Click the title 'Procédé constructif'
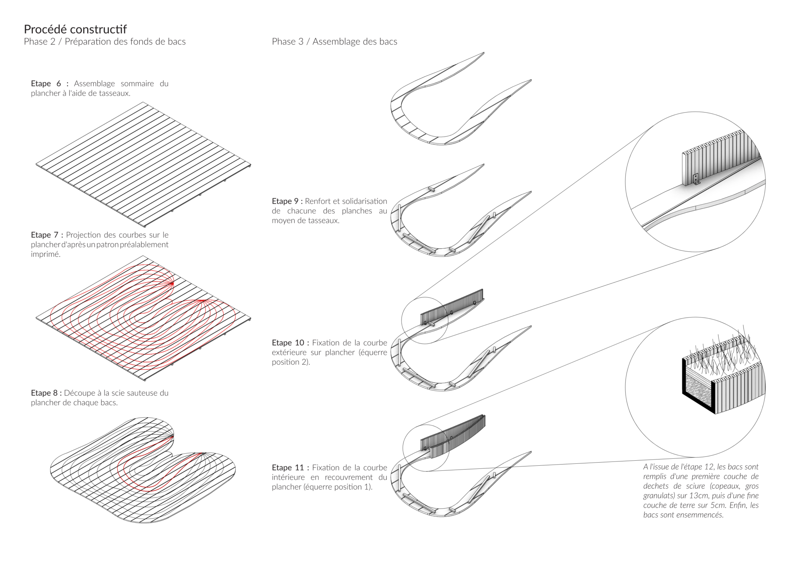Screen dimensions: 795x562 [x=75, y=29]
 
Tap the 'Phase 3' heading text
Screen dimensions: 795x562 [x=288, y=42]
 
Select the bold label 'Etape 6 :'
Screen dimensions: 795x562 [x=50, y=83]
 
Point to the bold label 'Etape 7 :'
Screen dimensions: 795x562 [x=47, y=235]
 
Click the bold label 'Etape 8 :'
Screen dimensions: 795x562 [x=46, y=393]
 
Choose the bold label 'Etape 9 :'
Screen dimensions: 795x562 [x=287, y=201]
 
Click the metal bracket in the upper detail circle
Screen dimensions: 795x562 [x=696, y=179]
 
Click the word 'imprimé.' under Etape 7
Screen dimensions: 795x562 [x=46, y=254]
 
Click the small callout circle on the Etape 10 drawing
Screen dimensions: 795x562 [x=425, y=321]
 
